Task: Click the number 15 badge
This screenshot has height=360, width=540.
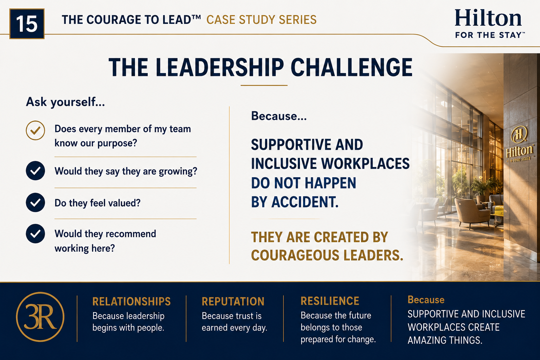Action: pyautogui.click(x=27, y=24)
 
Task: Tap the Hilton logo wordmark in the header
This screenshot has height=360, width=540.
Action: pyautogui.click(x=488, y=18)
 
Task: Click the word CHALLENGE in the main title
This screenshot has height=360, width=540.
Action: pyautogui.click(x=352, y=67)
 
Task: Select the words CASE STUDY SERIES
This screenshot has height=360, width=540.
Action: pyautogui.click(x=261, y=20)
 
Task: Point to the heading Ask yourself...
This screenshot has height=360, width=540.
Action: pyautogui.click(x=65, y=102)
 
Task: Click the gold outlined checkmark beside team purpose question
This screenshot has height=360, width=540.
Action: pyautogui.click(x=36, y=130)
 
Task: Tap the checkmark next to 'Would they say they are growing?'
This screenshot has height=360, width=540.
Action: pyautogui.click(x=36, y=171)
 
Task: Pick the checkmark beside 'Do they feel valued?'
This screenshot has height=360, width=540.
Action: pyautogui.click(x=36, y=202)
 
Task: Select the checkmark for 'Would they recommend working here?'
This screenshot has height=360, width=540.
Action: pyautogui.click(x=36, y=234)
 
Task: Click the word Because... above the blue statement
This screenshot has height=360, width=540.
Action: pyautogui.click(x=279, y=116)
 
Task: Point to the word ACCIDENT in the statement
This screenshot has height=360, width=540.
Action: pyautogui.click(x=305, y=202)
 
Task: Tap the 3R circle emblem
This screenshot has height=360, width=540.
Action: pyautogui.click(x=40, y=317)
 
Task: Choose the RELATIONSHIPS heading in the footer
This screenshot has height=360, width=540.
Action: pyautogui.click(x=131, y=301)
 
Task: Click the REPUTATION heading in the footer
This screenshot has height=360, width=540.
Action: pyautogui.click(x=233, y=301)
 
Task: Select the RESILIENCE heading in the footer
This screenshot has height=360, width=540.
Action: pyautogui.click(x=330, y=301)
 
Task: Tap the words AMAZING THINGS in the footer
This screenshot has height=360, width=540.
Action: pyautogui.click(x=445, y=340)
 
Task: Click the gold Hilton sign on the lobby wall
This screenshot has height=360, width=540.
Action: pyautogui.click(x=520, y=145)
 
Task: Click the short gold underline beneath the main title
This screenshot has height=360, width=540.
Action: pyautogui.click(x=264, y=85)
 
